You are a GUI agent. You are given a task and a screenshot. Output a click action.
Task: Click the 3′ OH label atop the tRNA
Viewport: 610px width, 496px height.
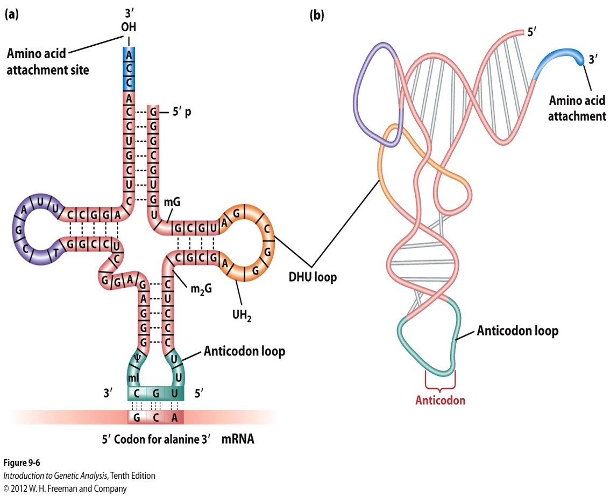129,21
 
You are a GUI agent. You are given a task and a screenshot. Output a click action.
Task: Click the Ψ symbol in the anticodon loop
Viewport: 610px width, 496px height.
137,357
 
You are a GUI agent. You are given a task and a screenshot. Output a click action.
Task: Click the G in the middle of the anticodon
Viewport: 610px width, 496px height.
156,394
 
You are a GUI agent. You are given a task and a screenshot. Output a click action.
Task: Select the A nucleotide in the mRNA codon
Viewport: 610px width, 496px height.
174,417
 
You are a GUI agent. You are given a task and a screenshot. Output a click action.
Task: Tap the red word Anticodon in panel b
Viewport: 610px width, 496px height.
440,401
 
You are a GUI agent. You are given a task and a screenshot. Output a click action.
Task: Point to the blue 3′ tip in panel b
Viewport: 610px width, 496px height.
580,59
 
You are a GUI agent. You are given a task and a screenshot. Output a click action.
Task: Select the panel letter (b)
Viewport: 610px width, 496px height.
317,15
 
